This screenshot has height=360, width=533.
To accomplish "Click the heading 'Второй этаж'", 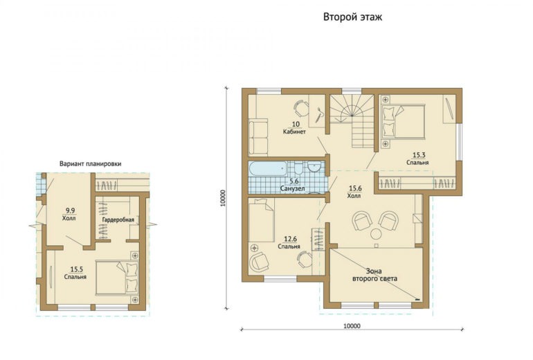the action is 352,17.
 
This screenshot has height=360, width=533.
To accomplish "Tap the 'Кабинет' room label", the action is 294,132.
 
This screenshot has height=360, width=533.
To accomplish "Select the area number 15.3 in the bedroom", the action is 419,155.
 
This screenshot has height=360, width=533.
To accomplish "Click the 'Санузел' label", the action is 292,188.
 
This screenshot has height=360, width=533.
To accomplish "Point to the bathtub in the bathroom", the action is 268,169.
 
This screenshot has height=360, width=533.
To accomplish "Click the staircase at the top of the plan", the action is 352,120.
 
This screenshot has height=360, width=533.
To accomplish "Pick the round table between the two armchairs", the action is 376,234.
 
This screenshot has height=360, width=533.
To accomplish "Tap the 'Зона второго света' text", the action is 374,275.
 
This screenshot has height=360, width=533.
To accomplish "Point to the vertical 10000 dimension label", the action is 223,198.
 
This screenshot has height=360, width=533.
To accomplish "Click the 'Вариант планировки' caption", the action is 91,164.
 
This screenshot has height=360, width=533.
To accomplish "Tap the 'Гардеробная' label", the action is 118,220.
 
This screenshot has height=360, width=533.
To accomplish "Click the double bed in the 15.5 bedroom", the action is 117,278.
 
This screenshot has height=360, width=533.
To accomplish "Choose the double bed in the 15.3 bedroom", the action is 404,122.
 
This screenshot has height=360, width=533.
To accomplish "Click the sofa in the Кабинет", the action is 258,136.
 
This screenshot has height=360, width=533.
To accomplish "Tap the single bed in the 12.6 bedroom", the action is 262,220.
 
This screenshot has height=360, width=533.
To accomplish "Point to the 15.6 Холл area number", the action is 355,188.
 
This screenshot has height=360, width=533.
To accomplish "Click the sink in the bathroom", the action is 314,168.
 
